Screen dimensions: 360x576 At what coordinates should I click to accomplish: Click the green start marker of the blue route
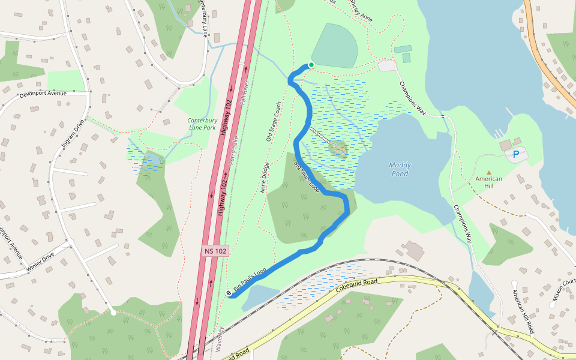click(311, 65)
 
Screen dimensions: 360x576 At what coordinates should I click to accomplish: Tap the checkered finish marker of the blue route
click(230, 293)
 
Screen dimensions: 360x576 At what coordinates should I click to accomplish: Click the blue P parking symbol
click(515, 155)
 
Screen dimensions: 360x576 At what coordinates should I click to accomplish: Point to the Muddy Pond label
click(400, 169)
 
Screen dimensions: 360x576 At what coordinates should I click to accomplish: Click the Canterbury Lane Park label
click(201, 124)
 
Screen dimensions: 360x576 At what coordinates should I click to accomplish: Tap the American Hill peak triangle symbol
click(488, 172)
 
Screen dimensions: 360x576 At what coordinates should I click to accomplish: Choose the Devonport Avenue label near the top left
click(43, 94)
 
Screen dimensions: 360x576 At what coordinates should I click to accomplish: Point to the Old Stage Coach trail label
click(274, 122)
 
